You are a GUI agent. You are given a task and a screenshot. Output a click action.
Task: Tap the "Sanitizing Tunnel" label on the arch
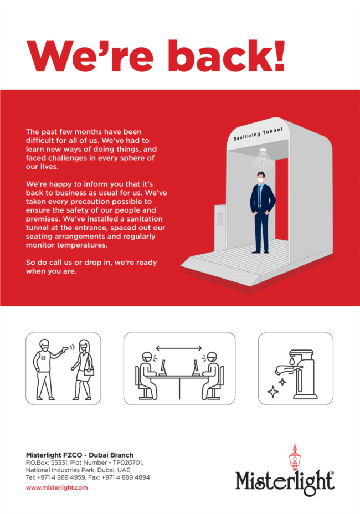(258, 134)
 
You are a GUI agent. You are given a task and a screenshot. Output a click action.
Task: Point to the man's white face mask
(260, 179)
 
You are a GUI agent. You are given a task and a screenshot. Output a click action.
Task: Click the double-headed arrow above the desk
(179, 348)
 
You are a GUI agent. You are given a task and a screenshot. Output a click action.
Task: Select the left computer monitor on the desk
(163, 368)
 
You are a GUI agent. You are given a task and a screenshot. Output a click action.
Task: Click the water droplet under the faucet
(292, 361)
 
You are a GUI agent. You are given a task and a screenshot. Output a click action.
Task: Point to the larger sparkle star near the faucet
(273, 392)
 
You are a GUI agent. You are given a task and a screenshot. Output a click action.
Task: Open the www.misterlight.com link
(56, 487)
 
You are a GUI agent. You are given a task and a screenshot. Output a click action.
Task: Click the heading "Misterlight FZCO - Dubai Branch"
(80, 455)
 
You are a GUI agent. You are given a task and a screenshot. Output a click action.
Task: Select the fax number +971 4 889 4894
(126, 477)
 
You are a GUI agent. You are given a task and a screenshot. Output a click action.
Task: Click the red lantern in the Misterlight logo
(295, 458)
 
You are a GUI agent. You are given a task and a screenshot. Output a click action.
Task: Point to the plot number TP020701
(126, 462)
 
